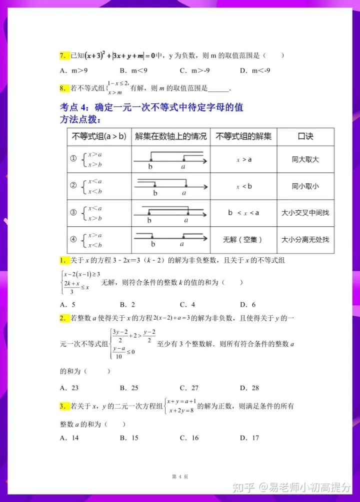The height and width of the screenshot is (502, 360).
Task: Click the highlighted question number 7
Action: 63,56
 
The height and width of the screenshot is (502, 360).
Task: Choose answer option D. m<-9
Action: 255,70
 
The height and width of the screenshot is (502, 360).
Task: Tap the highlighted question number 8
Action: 63,88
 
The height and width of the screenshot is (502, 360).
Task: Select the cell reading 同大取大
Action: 305,160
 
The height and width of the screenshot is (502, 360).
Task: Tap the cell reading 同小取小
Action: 305,186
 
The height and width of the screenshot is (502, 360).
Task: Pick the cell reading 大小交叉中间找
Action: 305,213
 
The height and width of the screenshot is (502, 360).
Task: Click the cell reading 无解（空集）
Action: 243,239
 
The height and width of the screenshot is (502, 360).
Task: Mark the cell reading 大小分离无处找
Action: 305,239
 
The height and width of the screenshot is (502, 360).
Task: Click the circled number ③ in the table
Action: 73,213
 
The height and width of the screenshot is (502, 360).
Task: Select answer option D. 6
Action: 248,304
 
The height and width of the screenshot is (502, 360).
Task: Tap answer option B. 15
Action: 129,438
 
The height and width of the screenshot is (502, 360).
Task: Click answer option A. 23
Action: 69,388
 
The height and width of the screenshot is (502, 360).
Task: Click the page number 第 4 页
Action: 180,477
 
